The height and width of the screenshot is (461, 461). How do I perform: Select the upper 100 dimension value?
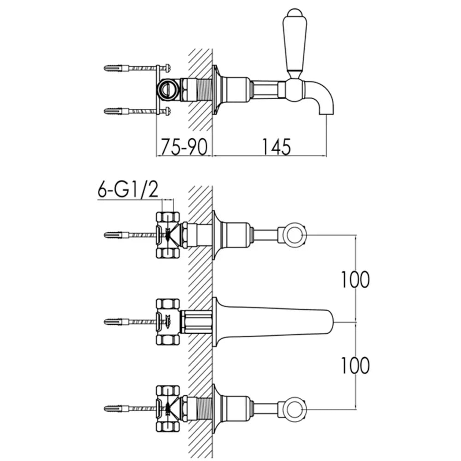pos(355,279)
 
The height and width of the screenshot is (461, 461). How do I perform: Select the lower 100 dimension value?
pos(355,365)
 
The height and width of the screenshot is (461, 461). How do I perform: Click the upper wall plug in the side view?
pos(117,68)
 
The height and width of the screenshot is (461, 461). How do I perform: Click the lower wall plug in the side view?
pos(117,111)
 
